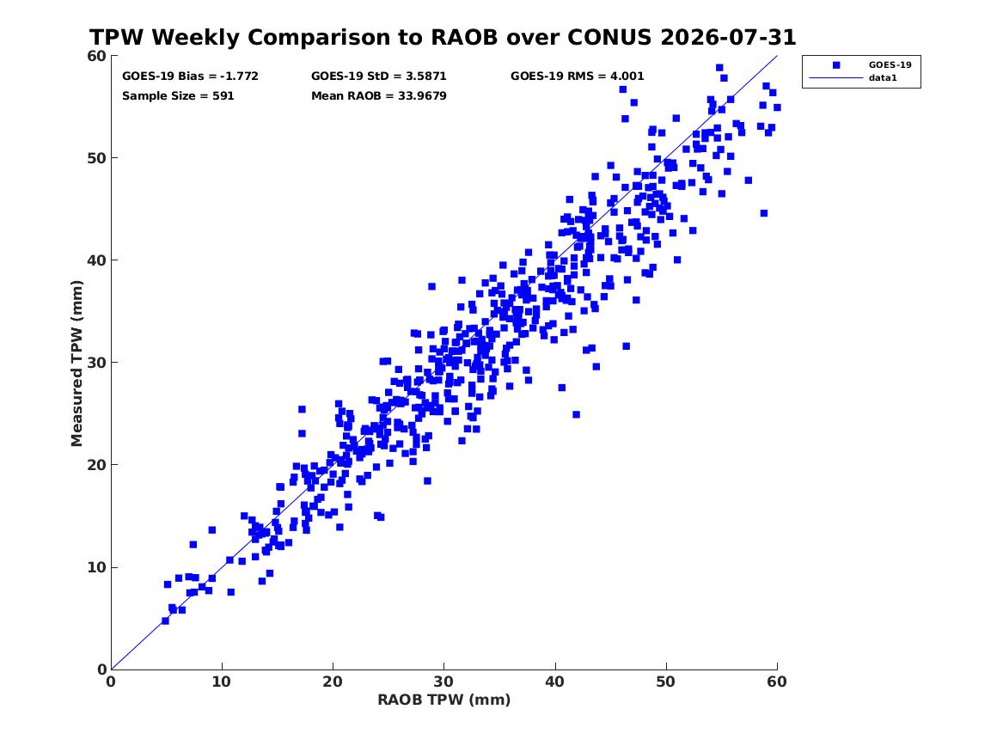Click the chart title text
[x=443, y=37]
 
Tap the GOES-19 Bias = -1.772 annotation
[x=190, y=76]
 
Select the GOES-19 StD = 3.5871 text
[x=379, y=76]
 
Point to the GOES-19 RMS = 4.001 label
[x=577, y=76]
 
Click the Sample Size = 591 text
[x=178, y=96]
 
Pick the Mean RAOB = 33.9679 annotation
[x=379, y=96]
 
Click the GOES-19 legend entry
[x=890, y=64]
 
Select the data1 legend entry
[x=883, y=78]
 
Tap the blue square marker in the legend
[x=836, y=64]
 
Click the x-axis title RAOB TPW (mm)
[x=444, y=700]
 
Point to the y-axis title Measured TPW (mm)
[x=76, y=364]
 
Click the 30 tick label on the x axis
[x=443, y=682]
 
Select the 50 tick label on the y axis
[x=97, y=158]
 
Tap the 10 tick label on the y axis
[x=97, y=567]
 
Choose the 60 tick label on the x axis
[x=777, y=682]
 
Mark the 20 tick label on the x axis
[x=333, y=682]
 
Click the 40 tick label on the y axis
[x=97, y=260]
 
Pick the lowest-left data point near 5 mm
[x=165, y=621]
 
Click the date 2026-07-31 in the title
[x=728, y=37]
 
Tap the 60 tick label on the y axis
[x=97, y=56]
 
